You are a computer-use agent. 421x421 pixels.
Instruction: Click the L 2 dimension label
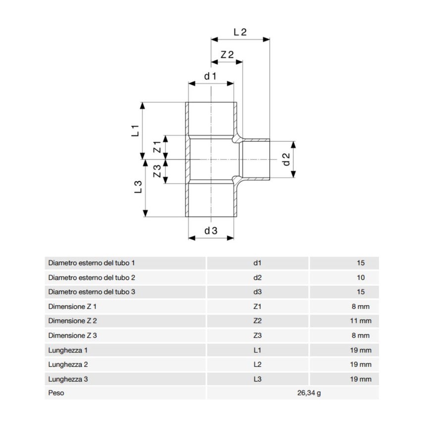click(x=240, y=32)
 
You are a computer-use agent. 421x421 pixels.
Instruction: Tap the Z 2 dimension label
click(x=227, y=55)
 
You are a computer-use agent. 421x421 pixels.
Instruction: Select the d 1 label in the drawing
click(x=210, y=76)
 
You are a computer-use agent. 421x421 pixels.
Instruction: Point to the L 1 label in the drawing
click(x=134, y=131)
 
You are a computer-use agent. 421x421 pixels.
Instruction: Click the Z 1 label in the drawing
click(x=157, y=147)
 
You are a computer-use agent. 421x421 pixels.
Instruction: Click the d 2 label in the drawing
click(x=286, y=159)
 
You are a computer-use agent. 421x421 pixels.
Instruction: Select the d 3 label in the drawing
click(x=210, y=230)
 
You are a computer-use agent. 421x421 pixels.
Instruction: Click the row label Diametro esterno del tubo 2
click(x=92, y=277)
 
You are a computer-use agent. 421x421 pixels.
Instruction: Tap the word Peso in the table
click(x=56, y=394)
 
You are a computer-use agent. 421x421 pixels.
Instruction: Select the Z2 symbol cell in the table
click(x=257, y=321)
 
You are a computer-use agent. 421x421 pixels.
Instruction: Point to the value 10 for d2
click(x=361, y=277)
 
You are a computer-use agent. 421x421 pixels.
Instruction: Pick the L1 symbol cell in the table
click(x=257, y=350)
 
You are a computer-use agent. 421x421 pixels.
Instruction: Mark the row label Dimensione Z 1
click(x=72, y=307)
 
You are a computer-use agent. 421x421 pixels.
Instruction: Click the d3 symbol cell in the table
click(x=257, y=292)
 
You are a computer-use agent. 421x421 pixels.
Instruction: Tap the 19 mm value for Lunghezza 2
click(x=361, y=365)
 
